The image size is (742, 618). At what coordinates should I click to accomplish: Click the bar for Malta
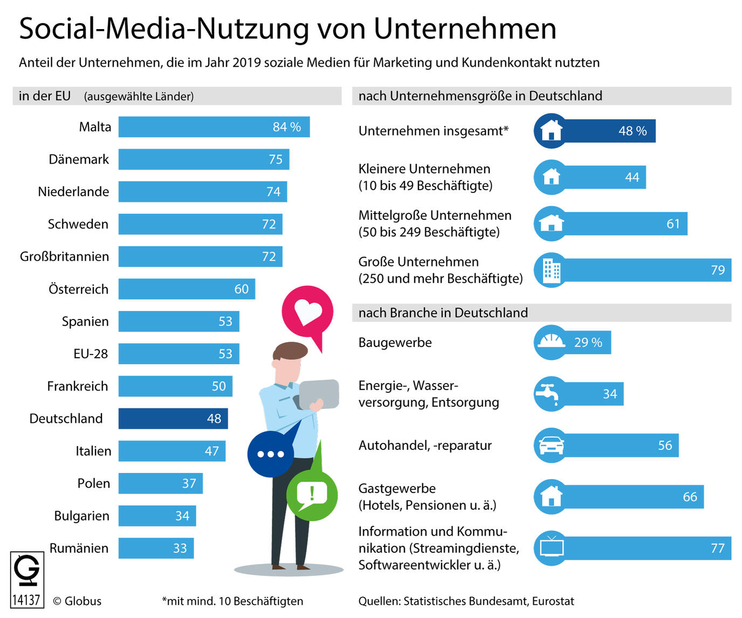214,127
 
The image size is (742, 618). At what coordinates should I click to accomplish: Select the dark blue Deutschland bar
173,419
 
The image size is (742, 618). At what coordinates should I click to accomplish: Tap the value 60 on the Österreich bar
242,289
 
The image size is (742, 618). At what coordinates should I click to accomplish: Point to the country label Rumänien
79,548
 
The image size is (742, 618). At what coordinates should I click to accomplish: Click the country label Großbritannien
64,256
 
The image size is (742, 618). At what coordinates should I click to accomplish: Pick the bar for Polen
160,483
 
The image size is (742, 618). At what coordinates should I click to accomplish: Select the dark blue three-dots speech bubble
270,454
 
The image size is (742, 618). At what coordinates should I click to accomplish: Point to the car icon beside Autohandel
551,446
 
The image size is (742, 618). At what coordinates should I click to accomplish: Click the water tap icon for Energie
550,394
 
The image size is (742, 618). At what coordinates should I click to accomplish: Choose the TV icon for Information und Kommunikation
551,548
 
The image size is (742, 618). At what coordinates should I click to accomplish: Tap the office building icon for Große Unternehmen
551,270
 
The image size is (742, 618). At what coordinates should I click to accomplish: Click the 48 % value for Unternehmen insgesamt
633,131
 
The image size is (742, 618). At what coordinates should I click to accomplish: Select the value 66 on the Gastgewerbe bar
690,497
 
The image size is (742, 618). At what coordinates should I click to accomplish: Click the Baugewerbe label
395,343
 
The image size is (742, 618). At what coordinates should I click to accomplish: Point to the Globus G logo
26,571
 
